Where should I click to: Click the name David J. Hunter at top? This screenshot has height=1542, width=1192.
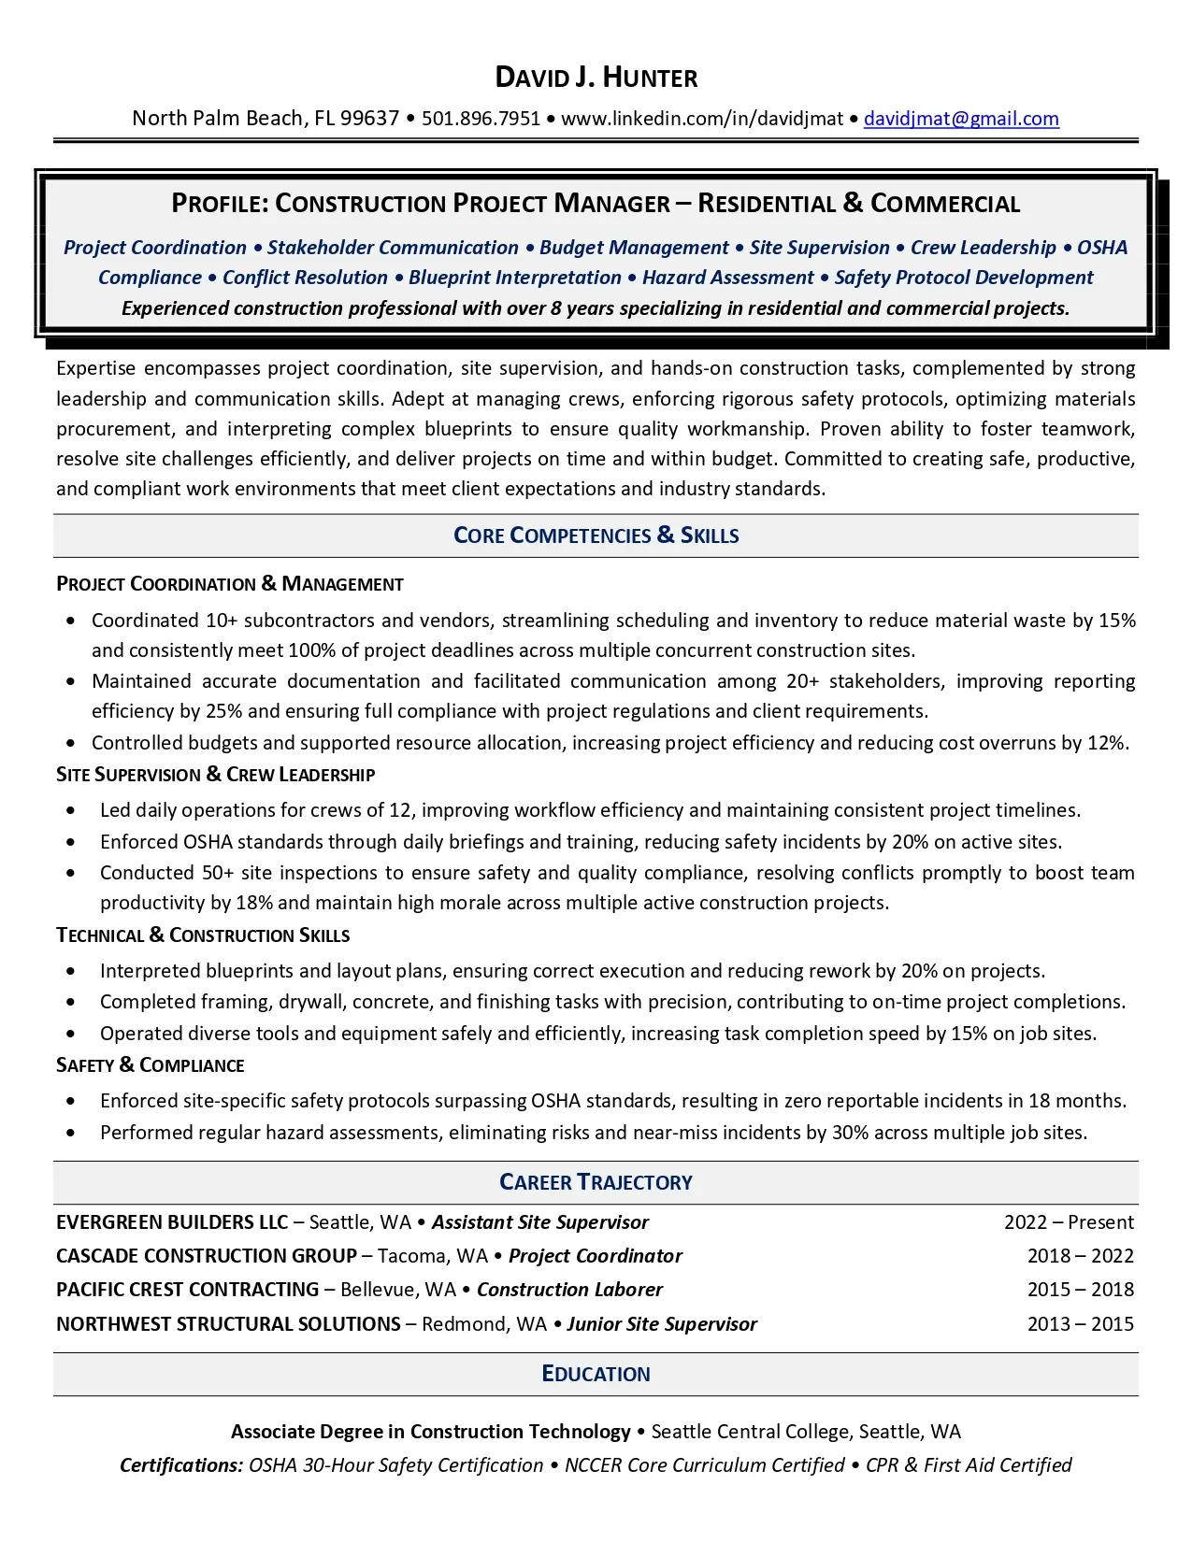coord(596,78)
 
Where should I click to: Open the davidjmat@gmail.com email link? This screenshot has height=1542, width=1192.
coord(961,119)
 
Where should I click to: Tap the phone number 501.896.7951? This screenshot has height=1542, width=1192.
coord(481,119)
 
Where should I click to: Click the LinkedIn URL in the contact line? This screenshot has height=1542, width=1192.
coord(701,119)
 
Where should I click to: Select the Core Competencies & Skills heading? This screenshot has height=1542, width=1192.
coord(596,535)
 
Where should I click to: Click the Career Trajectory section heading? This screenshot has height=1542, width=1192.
coord(596,1182)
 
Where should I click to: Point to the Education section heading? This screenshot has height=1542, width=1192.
coord(596,1374)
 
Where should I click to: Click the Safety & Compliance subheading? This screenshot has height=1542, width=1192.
coord(150,1065)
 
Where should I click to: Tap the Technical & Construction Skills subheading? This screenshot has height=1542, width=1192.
coord(203,935)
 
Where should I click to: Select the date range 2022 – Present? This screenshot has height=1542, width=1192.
coord(1069,1222)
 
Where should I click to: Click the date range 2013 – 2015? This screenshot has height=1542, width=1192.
coord(1080,1324)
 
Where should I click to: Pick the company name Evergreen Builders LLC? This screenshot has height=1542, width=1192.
coord(172,1222)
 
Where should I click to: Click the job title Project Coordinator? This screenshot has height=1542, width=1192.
coord(596,1256)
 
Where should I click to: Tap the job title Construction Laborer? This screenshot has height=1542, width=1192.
coord(569,1290)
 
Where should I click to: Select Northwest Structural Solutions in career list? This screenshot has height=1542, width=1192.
coord(228,1324)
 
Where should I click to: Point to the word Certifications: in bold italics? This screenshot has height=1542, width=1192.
coord(181,1465)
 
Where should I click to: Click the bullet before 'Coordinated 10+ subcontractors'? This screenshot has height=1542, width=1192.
coord(71,621)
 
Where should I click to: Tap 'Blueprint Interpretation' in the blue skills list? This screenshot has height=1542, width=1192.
coord(514,278)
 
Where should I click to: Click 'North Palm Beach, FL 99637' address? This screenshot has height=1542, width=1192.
coord(266,119)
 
